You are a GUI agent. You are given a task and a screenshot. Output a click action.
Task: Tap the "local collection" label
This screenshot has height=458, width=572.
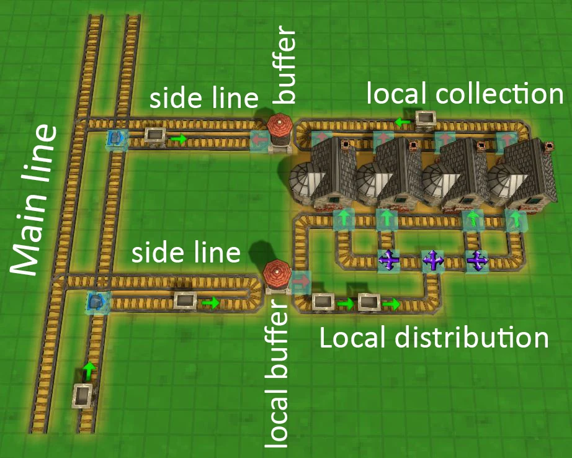click(x=465, y=94)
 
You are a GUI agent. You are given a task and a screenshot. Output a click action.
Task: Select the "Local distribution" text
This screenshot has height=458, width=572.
click(x=434, y=338)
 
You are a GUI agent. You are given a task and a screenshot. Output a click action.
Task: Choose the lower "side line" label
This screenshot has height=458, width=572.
click(x=186, y=253)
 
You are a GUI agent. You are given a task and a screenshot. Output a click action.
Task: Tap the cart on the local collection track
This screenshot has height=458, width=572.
click(x=426, y=119)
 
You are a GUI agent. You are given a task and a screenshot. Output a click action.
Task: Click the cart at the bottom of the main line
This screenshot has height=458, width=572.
click(x=84, y=394)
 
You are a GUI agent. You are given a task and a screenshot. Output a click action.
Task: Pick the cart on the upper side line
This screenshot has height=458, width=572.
click(x=154, y=135)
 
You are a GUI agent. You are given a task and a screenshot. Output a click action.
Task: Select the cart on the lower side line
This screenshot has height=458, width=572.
click(x=185, y=301)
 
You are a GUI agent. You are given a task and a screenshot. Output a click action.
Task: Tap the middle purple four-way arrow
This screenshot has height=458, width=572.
click(x=433, y=261)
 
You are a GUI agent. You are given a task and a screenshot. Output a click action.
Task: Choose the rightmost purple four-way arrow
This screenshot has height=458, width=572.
click(x=476, y=261)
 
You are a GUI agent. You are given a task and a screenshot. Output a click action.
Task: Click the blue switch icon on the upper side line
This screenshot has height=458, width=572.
click(x=115, y=138)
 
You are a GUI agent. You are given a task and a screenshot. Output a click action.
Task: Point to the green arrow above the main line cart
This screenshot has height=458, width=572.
click(x=89, y=370)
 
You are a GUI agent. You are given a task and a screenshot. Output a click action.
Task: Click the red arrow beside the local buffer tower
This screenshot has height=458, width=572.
click(x=302, y=281)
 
